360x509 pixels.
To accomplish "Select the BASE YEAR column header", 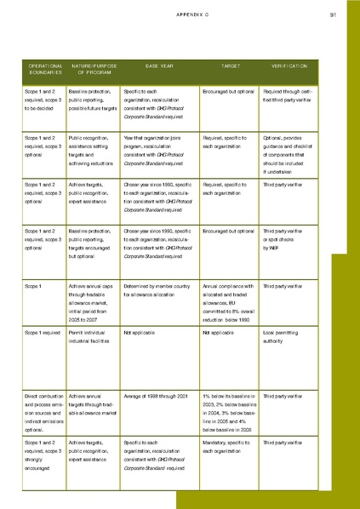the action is coord(159,65).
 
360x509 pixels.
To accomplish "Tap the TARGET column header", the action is coord(231,65).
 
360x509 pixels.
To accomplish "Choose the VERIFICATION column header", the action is coord(289,65).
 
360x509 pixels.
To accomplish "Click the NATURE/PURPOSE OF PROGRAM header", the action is coord(93,69).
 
